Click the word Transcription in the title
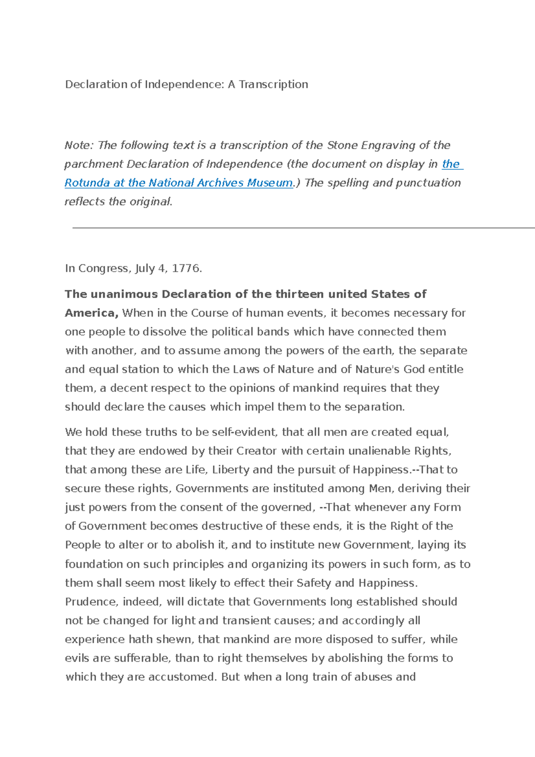[273, 84]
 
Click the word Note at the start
[78, 145]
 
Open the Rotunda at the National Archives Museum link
[178, 183]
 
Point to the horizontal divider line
[303, 228]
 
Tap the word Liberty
[230, 469]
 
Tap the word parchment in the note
[94, 164]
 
